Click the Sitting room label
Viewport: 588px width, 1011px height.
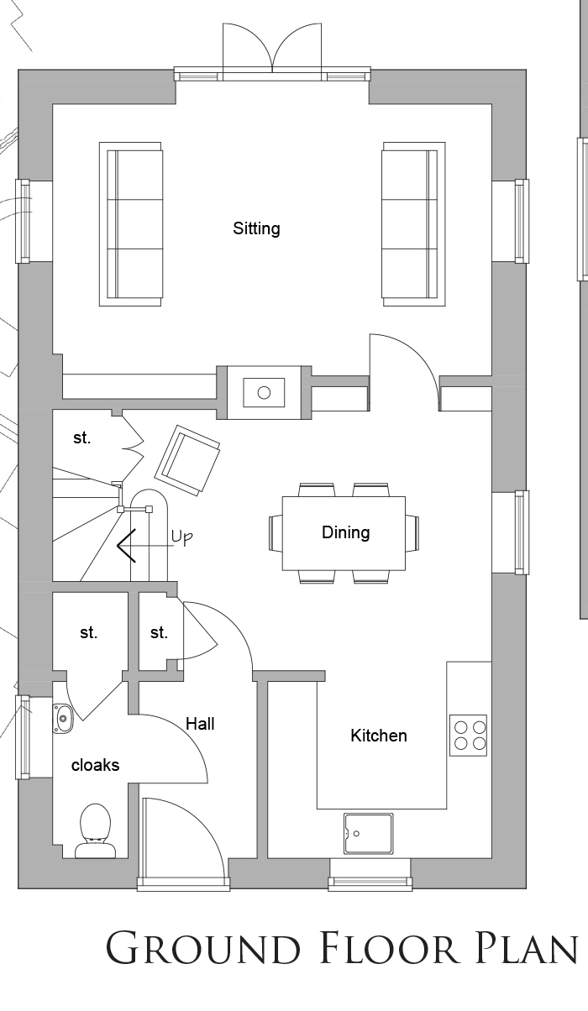pyautogui.click(x=256, y=229)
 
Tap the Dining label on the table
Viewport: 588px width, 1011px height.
pyautogui.click(x=346, y=532)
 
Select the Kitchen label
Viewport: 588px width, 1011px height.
pyautogui.click(x=379, y=736)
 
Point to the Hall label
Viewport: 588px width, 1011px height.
pyautogui.click(x=200, y=724)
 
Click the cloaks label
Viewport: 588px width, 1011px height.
pyautogui.click(x=95, y=765)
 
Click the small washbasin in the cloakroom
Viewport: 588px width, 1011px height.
pyautogui.click(x=62, y=717)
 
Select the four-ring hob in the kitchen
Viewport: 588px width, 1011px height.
pyautogui.click(x=469, y=736)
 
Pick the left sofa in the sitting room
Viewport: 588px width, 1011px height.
pyautogui.click(x=130, y=224)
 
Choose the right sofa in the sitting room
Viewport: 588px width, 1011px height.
pyautogui.click(x=413, y=224)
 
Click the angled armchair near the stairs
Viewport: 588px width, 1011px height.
pyautogui.click(x=187, y=460)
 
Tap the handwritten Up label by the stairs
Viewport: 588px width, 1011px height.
pyautogui.click(x=182, y=537)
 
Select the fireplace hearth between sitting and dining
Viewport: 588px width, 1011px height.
pyautogui.click(x=265, y=393)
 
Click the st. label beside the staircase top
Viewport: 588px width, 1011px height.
pyautogui.click(x=82, y=437)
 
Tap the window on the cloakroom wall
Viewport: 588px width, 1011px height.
pyautogui.click(x=23, y=737)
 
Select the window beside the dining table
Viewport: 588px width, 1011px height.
pyautogui.click(x=522, y=532)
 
